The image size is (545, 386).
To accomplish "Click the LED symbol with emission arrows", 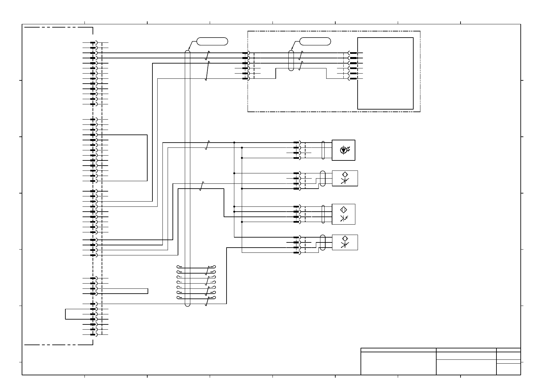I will pos(344,150).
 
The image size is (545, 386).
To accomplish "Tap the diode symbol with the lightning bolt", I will pos(344,218).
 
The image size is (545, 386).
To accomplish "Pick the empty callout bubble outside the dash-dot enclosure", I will pos(212,41).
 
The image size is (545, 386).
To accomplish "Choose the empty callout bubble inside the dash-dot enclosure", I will pos(315,41).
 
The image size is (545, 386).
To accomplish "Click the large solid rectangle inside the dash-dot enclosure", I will pos(385,73).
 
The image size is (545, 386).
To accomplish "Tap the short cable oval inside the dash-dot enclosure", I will pos(291,60).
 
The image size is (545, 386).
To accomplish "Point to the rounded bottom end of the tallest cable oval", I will pos(187,304).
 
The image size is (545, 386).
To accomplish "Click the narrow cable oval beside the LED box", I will pos(323,150).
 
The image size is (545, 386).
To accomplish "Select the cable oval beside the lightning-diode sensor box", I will pos(323,214).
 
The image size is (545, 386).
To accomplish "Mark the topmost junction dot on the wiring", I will pos(234,142).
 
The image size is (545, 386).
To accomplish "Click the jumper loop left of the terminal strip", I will pos(66,314).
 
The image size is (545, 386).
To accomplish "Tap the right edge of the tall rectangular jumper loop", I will pos(147,158).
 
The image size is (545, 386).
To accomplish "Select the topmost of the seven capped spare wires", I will pos(196,268).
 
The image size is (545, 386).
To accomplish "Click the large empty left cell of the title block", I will pos(398,363).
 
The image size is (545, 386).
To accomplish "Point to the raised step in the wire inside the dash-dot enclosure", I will pos(301,68).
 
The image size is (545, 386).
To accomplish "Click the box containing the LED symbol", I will pos(343,150).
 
